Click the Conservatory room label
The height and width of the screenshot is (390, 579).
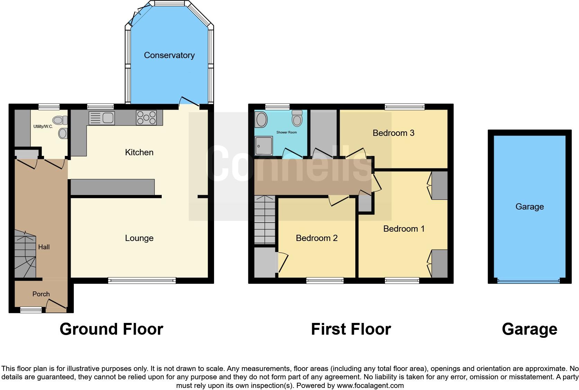click(169, 55)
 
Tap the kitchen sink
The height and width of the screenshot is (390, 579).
click(102, 118)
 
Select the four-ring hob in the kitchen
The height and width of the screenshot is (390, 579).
click(146, 117)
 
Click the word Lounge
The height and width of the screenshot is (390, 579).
click(139, 238)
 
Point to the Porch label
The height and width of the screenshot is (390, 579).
click(41, 294)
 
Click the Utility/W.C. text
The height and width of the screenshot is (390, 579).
click(43, 127)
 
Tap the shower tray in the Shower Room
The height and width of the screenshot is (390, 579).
click(264, 145)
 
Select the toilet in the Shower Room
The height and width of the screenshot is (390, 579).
click(297, 119)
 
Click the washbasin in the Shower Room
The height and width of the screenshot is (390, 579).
click(261, 120)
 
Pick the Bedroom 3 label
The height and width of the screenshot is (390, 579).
click(393, 133)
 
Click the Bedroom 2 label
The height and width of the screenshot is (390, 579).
click(317, 238)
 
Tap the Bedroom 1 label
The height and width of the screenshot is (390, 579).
click(404, 229)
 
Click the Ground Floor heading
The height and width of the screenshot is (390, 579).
click(111, 329)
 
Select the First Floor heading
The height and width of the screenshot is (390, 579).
click(351, 329)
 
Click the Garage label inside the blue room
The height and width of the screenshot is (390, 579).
click(529, 207)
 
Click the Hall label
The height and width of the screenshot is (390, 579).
click(44, 247)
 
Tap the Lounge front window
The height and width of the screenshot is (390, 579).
click(142, 280)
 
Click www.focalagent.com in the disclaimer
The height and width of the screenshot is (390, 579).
click(370, 385)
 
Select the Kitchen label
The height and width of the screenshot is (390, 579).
click(139, 152)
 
